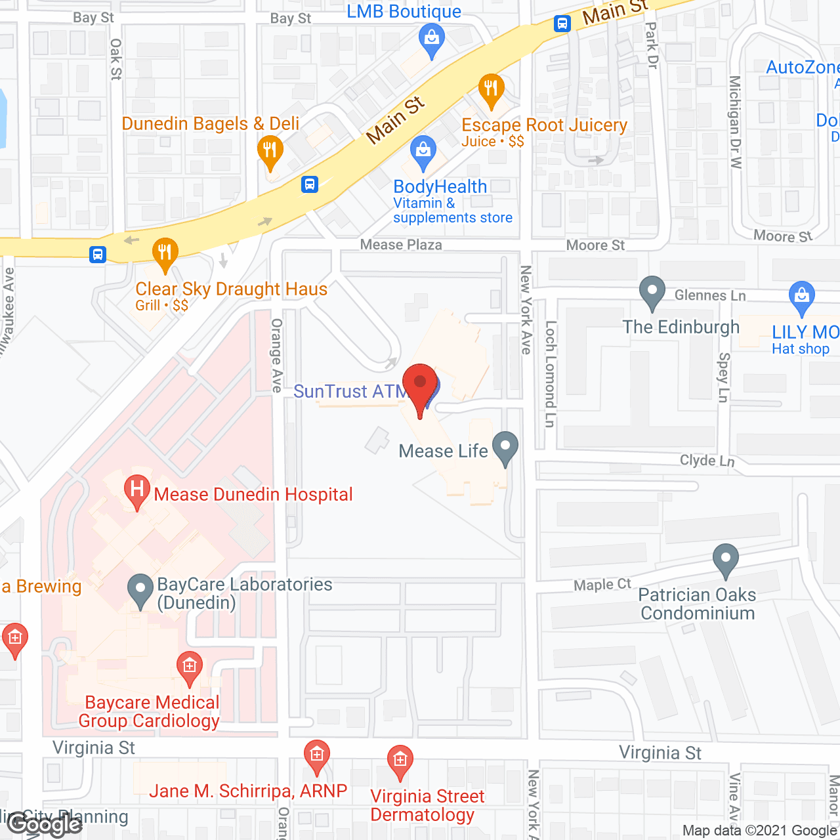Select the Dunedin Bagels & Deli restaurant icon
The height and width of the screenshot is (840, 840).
270,151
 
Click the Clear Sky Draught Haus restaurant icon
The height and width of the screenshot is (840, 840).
165,253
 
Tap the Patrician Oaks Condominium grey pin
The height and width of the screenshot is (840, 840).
725,559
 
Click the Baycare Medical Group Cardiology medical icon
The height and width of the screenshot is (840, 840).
190,667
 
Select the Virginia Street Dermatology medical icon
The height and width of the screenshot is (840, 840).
400,761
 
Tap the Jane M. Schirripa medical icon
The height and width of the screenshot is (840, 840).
316,756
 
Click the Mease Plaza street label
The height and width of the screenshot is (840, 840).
401,245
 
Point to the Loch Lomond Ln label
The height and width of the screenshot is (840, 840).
551,374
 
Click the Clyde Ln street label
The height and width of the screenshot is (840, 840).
707,461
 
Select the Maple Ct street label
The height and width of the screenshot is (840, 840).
602,585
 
